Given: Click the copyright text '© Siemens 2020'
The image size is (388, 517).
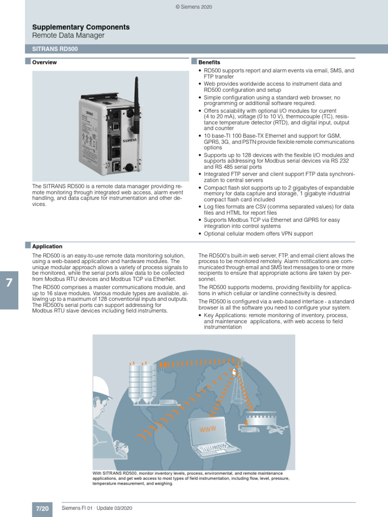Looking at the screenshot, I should coord(194,7).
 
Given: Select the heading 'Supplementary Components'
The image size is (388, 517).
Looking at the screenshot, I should coord(81,27).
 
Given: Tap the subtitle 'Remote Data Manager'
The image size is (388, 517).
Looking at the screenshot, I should coord(68,35).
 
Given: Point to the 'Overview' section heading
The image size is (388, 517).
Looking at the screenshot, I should coord(44,63).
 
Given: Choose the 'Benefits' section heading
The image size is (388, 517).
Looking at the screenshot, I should coord(209,63).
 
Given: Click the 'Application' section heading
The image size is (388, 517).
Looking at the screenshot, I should coord(47,246).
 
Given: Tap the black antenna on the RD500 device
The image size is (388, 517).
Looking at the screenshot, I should coord(136,96).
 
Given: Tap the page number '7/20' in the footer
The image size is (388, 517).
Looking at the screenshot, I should coord(42,508).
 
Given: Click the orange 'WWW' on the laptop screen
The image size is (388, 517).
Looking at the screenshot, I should coord(208,429).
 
